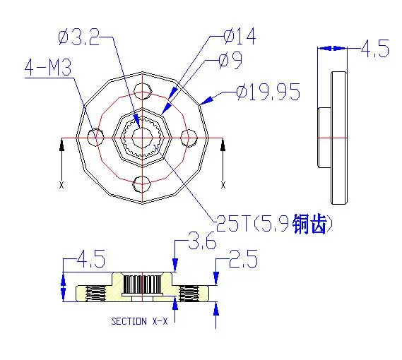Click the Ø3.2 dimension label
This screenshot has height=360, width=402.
point(78,37)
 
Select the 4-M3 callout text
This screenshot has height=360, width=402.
point(48,68)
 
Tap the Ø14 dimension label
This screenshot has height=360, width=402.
point(240,37)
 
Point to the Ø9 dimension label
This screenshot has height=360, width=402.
point(230,60)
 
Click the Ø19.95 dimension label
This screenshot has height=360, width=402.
point(268,92)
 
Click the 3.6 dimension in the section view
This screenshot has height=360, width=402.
point(202,241)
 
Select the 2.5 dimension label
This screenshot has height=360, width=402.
point(243,259)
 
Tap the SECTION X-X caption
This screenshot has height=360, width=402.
point(139,321)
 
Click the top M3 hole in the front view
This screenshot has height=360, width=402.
point(142,91)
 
